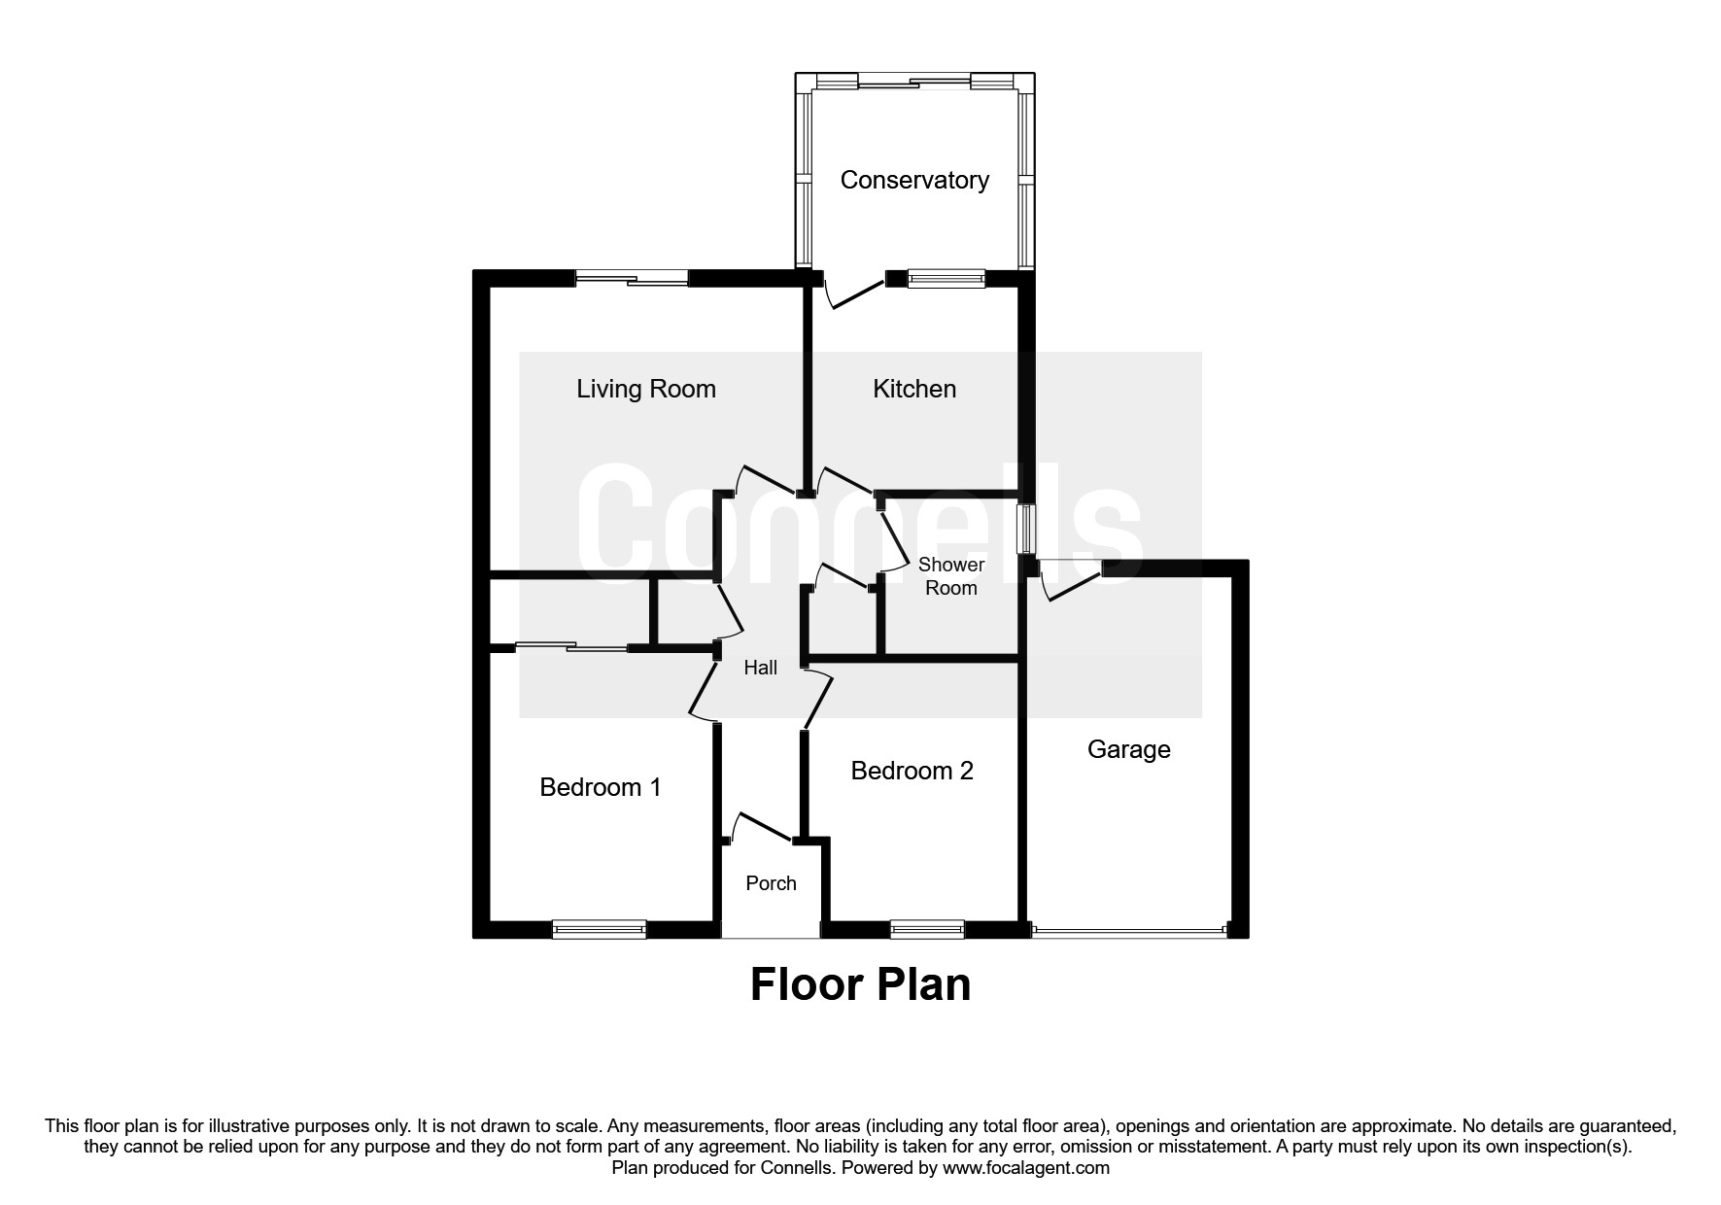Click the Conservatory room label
(x=913, y=180)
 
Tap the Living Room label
(x=646, y=389)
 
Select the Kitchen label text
(x=914, y=389)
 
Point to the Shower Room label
(x=951, y=576)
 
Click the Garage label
(x=1128, y=749)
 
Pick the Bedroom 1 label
(x=601, y=786)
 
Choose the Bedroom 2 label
(x=912, y=771)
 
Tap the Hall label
(x=761, y=668)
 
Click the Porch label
(x=771, y=883)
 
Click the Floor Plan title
(x=860, y=984)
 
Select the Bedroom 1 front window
(x=599, y=929)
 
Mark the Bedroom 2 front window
(x=927, y=929)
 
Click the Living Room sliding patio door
(x=632, y=279)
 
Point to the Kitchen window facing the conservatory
(x=946, y=279)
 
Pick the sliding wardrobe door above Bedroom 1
(x=571, y=645)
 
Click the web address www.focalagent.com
(x=1025, y=1168)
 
